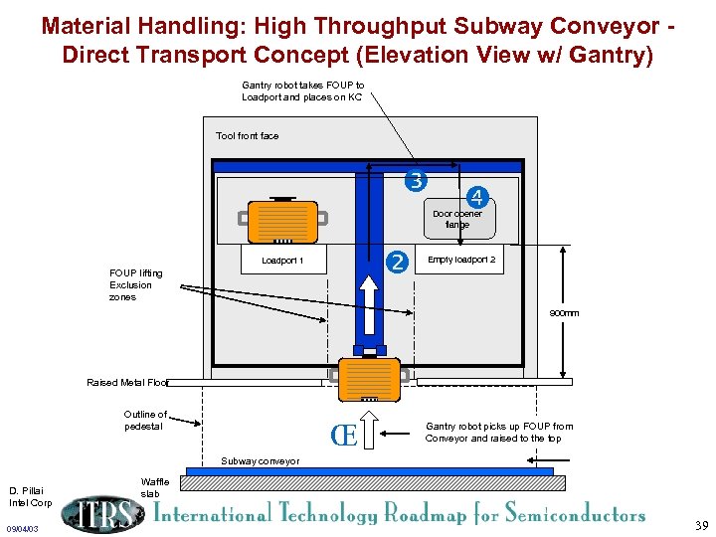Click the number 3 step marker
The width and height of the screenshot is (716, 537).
click(415, 181)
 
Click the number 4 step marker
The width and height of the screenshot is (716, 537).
click(478, 196)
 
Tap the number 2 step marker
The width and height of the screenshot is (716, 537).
click(398, 263)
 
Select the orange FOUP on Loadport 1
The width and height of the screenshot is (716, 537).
click(282, 221)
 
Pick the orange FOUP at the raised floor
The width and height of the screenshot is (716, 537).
click(369, 378)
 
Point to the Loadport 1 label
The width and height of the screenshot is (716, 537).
click(282, 261)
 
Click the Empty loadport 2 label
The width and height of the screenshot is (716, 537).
click(461, 261)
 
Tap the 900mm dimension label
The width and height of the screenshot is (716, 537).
click(564, 313)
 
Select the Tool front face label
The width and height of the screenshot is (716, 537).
click(247, 135)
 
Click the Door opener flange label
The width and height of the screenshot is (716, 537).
click(457, 219)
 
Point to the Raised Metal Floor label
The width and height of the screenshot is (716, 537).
click(127, 382)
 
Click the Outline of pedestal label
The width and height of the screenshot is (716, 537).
click(145, 420)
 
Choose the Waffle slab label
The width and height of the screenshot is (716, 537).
click(155, 487)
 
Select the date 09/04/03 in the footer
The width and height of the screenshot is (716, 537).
click(22, 528)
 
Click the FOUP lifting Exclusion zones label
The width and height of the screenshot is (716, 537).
click(136, 285)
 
